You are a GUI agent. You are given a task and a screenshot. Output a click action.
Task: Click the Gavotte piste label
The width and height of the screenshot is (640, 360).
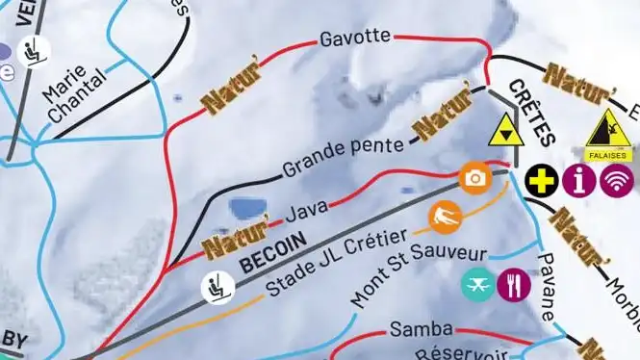pos(354,38)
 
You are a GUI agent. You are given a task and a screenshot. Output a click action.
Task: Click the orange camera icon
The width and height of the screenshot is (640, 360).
pos(474,178)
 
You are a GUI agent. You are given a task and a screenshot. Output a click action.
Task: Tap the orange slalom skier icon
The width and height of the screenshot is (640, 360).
pos(446,218)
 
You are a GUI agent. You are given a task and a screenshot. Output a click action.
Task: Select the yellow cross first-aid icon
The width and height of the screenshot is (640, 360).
pos(542,179)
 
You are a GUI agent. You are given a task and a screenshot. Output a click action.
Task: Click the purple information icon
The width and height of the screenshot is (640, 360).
pos(579,179)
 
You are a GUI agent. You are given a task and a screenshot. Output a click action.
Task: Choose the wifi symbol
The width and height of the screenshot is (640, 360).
pos(617,179)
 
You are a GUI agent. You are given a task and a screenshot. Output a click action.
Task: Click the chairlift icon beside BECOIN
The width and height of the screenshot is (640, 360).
pos(217,285)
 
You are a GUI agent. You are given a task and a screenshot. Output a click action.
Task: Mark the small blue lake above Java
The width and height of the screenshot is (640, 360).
pos(248,207)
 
